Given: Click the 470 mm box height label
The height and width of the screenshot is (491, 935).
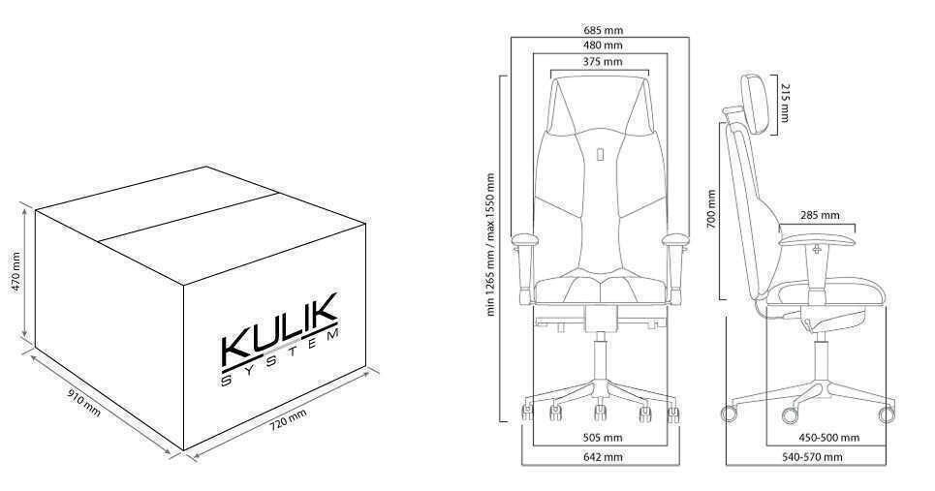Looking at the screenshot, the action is [16, 271].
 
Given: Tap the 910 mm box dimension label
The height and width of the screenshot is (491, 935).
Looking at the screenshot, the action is [84, 403].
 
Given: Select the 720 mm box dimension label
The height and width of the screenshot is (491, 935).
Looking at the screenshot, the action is [288, 420].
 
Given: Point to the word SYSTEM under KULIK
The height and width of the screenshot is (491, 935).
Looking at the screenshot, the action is [280, 357].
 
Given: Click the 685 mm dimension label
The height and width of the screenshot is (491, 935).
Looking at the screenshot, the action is [603, 29].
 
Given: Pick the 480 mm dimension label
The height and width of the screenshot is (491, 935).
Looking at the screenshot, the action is [603, 46].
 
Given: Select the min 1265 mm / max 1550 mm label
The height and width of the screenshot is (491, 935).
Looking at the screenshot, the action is [491, 244].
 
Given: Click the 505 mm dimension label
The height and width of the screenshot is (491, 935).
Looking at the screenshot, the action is [603, 438].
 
